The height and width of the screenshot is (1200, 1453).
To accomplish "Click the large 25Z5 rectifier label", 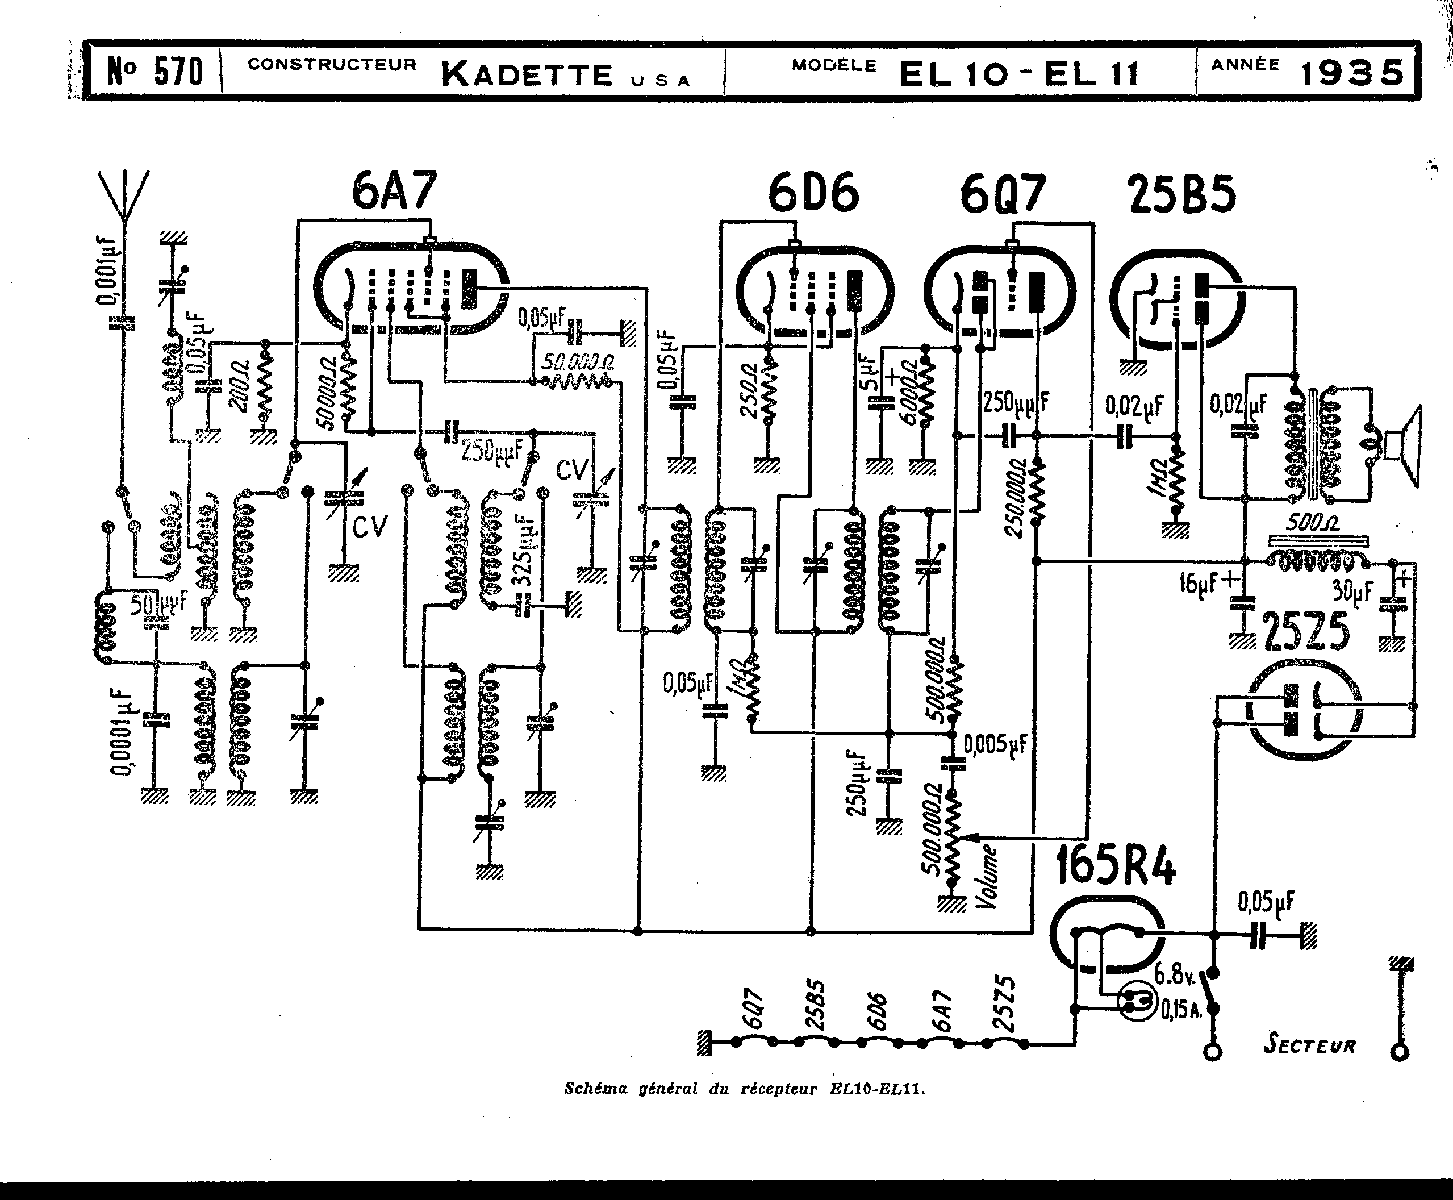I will point(1306,632).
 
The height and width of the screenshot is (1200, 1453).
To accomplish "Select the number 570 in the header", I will point(178,72).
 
